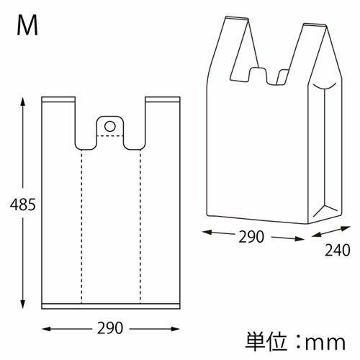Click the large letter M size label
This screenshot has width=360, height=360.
point(27,25)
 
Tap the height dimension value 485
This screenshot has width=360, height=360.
point(23,204)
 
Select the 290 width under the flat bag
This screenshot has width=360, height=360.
point(110,328)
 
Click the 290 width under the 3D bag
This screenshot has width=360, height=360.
point(251,237)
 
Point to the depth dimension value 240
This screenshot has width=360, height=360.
point(338,250)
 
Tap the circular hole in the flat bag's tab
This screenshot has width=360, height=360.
point(110,126)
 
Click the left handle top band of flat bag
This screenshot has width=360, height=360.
point(58,99)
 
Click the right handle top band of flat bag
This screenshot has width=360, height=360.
point(163,99)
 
